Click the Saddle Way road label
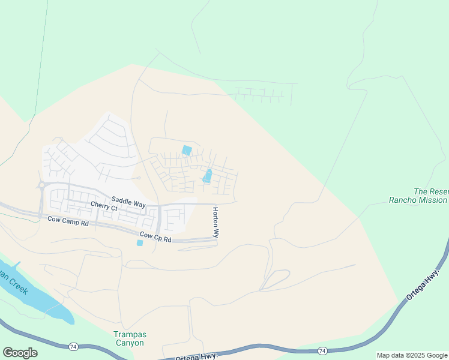128,203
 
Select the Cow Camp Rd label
68,221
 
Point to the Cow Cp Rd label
155,237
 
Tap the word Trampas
130,335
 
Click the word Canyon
129,343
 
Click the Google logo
20,353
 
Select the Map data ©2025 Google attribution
412,356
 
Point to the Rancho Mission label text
418,200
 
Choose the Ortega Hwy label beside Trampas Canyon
196,357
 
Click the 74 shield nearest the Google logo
73,347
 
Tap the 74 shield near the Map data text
322,350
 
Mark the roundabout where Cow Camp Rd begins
42,185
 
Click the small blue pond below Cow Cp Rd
140,242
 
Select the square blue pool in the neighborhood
187,150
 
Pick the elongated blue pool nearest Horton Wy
208,176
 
